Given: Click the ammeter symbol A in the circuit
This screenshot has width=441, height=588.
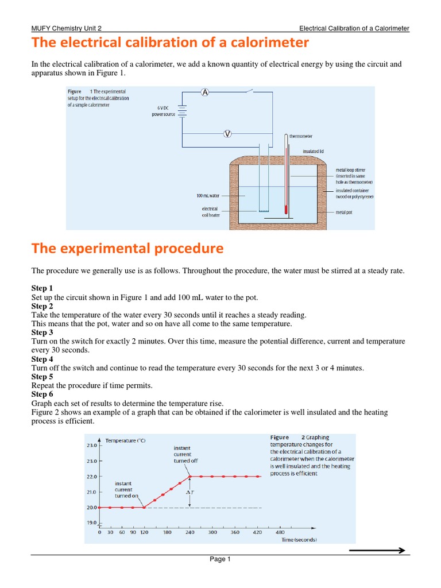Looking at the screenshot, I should coord(204,94).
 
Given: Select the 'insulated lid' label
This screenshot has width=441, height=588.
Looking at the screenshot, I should coord(314,151).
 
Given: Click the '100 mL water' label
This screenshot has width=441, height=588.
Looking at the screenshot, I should coord(208,196).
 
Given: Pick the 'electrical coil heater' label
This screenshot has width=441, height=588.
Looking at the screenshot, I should coord(211,212).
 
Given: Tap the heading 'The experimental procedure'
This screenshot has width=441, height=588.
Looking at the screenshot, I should coord(127,248).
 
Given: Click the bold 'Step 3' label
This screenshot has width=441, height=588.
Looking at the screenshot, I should coord(42,332).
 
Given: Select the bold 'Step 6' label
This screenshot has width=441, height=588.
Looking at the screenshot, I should coord(42,394).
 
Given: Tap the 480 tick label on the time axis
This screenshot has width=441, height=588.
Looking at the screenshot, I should coord(280,532).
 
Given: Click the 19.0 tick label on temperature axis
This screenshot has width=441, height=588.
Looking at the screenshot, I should coord(92,523).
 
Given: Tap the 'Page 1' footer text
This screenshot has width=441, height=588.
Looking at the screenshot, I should coord(220,560).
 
